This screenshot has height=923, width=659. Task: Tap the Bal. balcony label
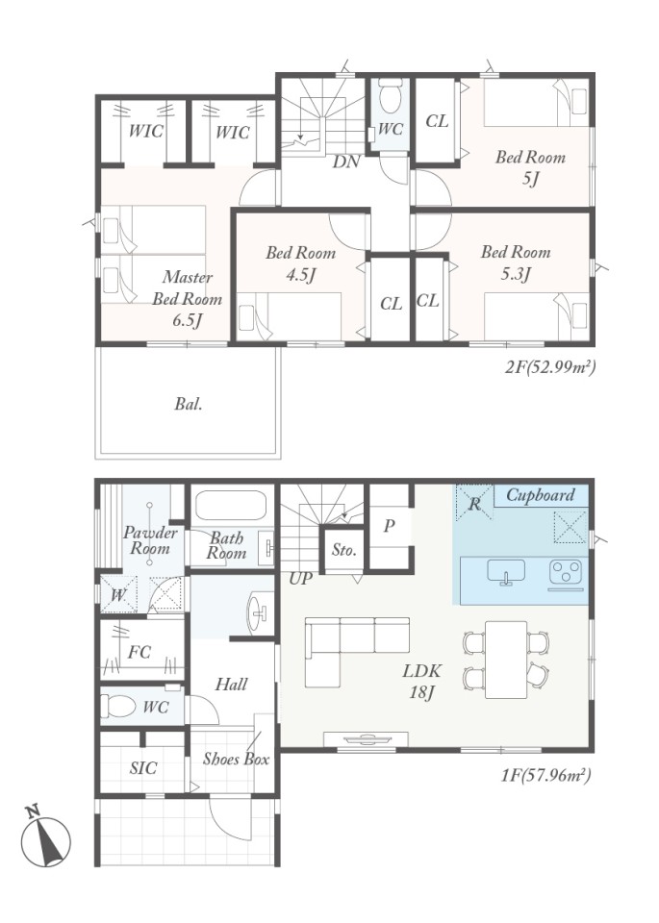pos(189,405)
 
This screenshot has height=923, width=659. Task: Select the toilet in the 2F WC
pos(390,99)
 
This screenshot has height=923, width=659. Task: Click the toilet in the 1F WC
pos(117,705)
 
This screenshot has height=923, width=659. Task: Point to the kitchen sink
pos(506,572)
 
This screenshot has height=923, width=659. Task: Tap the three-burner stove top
pos(566,573)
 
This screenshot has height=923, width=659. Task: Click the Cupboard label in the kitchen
pos(540,496)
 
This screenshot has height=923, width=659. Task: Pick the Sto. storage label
pos(343,550)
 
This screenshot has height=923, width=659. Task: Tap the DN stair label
pos(346,162)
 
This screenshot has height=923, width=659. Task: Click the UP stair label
pos(300,579)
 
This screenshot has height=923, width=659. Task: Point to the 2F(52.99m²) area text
pos(550,367)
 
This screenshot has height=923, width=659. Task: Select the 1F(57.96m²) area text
pos(546,775)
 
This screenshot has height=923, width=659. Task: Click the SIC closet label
pos(143,767)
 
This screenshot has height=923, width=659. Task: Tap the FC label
pos(139,652)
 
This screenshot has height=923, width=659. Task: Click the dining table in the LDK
pos(506,660)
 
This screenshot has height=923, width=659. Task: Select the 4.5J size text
pos(301,274)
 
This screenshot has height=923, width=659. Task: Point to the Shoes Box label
pos(236,759)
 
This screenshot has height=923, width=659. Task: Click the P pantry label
pos(389,526)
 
